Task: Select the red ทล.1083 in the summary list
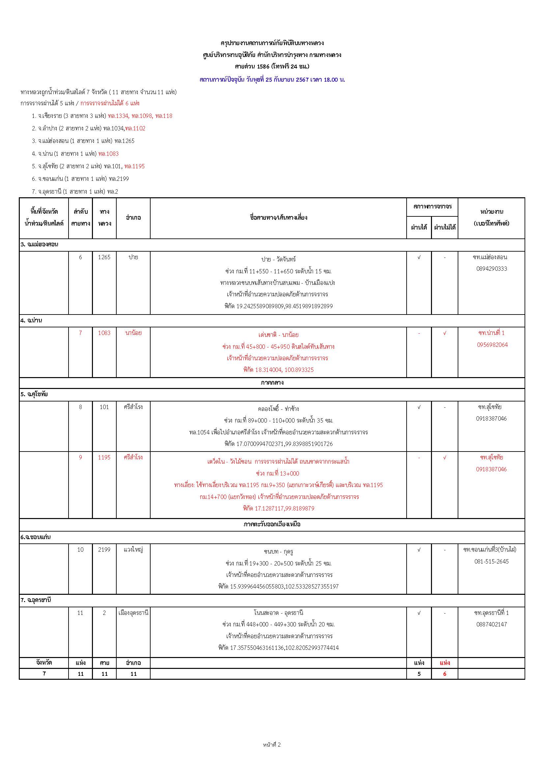pos(108,154)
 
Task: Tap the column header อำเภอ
pos(133,218)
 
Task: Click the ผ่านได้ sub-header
pos(419,227)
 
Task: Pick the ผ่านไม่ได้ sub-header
pos(445,227)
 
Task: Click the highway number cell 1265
pos(104,257)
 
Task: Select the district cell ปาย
pos(133,257)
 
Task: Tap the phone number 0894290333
pos(491,269)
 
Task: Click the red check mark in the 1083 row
pos(445,333)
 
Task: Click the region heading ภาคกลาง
pos(272,383)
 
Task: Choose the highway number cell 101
pos(104,407)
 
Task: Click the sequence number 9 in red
pos(80,457)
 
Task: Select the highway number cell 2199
pos(104,550)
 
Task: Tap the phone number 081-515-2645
pos(491,562)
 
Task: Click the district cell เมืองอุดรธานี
pos(133,613)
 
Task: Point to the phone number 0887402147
pos(491,624)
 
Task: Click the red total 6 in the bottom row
pos(445,674)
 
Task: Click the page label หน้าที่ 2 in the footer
pos(272,754)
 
